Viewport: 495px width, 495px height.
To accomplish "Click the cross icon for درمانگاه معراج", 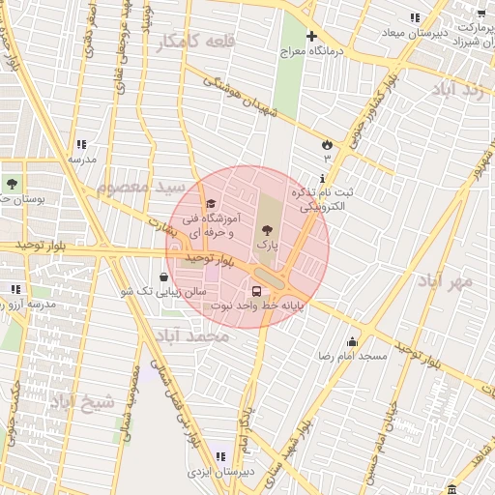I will [x=310, y=37].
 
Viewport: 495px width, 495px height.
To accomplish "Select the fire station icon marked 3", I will [x=326, y=145].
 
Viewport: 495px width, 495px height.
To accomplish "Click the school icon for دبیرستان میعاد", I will [x=415, y=17].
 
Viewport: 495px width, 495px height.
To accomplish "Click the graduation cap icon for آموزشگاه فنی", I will [x=211, y=203].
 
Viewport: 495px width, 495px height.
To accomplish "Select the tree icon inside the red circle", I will [x=267, y=229].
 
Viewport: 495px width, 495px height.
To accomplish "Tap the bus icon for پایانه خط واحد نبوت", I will [x=256, y=289].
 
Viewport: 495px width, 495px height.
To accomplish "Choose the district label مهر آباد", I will [x=446, y=281].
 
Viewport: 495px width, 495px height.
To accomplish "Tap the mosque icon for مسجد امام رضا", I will [x=353, y=341].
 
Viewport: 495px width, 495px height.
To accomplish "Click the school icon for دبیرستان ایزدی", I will [x=220, y=456].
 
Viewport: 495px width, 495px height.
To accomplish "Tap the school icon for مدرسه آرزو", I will [x=15, y=289].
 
